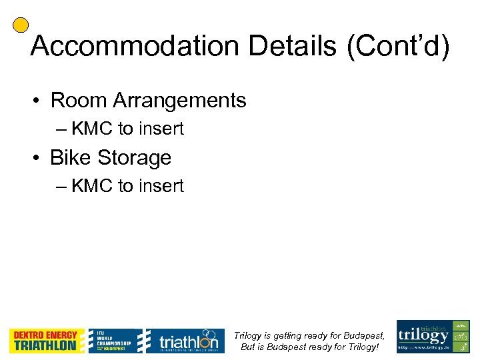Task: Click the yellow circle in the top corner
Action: coord(21,25)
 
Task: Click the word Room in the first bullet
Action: coord(79,101)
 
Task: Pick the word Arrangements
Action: coord(179,101)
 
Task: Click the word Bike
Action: coord(70,158)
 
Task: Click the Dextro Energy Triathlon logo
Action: coord(46,341)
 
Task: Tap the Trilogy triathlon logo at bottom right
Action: coord(433,337)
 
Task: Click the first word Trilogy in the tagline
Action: coord(247,335)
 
